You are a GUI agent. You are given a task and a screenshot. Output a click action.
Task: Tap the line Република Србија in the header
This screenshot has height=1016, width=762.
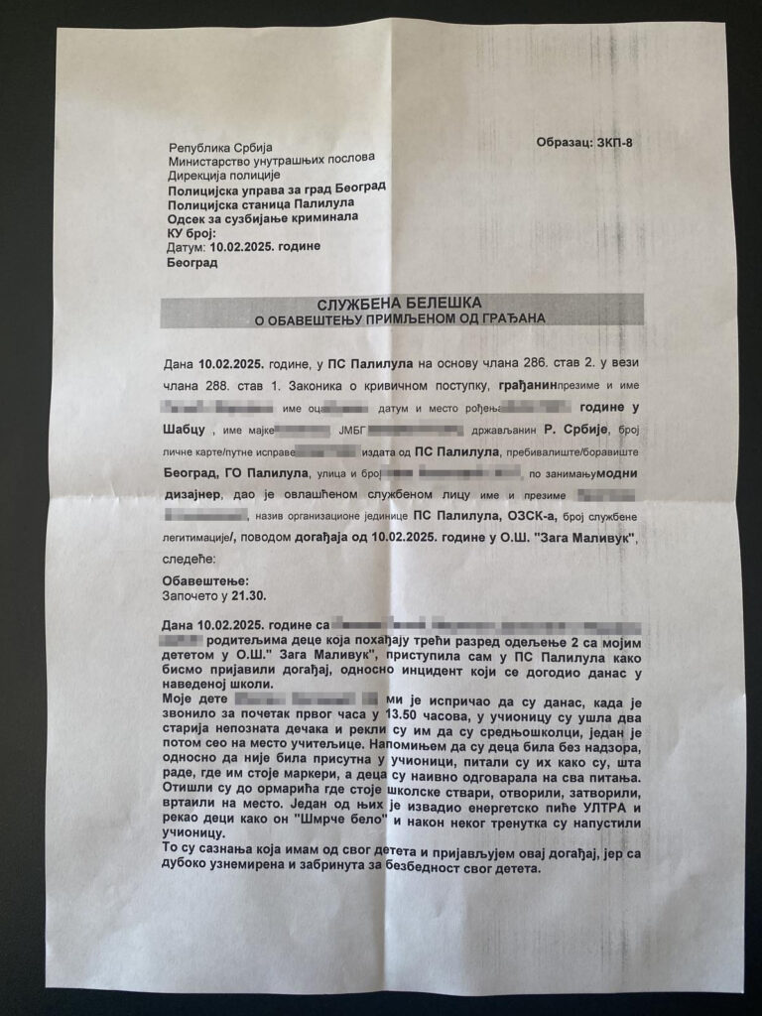tap(213, 146)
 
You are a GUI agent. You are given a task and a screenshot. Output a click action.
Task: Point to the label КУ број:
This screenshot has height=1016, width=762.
tap(192, 232)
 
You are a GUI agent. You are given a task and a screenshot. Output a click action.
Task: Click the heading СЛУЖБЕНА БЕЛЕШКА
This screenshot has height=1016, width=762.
tap(402, 303)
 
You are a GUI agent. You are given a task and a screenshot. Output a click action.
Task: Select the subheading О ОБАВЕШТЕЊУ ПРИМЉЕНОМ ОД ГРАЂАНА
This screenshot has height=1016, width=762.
tap(402, 318)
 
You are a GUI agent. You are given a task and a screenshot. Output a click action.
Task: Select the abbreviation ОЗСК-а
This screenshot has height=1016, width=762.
tap(509, 516)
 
